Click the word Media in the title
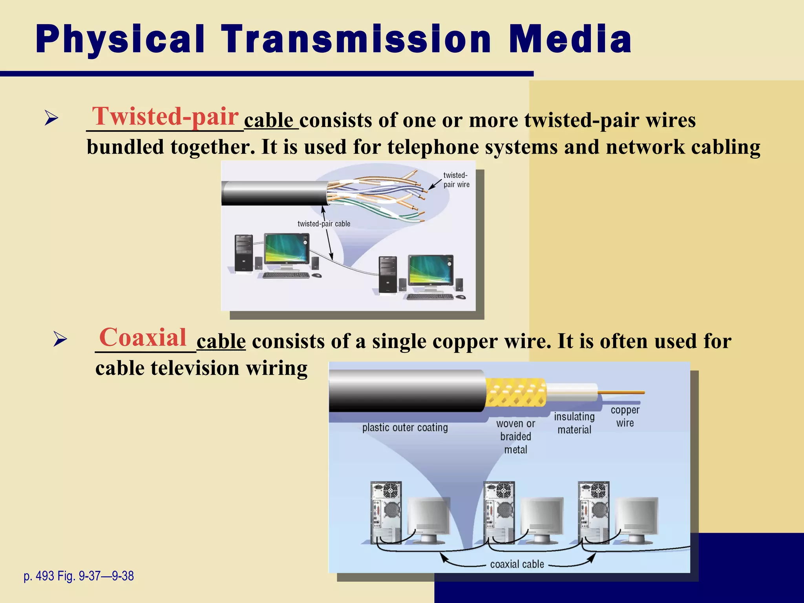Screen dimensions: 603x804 [570, 39]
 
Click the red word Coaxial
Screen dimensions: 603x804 [143, 338]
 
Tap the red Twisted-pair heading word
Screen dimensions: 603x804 [165, 117]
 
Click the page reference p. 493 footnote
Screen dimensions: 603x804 [79, 576]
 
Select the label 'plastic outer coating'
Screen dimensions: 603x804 [405, 428]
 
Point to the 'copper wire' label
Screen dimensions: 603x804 [625, 417]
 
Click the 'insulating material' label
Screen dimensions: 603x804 [574, 423]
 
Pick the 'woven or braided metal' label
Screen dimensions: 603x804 [515, 437]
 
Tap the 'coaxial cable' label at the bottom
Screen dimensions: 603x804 [517, 564]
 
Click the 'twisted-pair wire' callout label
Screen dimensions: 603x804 [456, 180]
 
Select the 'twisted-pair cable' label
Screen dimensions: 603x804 [323, 224]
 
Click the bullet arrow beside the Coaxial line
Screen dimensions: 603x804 [60, 340]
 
